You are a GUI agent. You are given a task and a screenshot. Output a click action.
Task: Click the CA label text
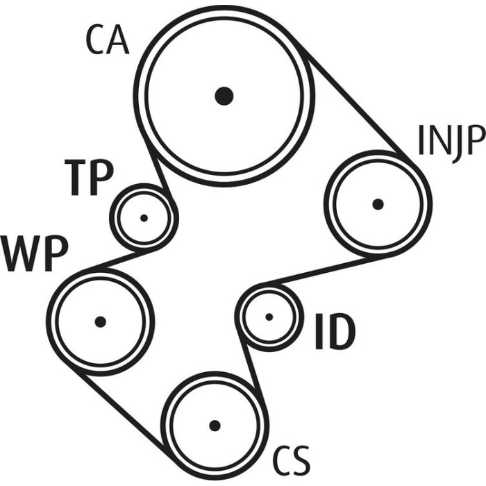click(107, 40)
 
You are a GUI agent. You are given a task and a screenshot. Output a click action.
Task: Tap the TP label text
click(90, 178)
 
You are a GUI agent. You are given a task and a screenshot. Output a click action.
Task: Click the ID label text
click(335, 331)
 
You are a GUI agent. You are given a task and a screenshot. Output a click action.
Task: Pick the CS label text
click(291, 461)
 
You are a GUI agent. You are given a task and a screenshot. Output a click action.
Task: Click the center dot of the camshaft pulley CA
click(224, 96)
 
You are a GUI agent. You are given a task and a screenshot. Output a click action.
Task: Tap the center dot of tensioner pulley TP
click(144, 218)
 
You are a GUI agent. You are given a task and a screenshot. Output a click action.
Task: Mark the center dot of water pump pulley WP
click(101, 321)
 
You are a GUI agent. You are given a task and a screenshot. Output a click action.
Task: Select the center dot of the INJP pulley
click(378, 204)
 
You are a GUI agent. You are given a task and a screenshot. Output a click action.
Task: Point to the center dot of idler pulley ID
click(269, 317)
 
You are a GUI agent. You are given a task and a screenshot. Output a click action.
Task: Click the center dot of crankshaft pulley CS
click(215, 426)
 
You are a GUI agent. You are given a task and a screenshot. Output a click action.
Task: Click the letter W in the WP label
click(20, 254)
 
